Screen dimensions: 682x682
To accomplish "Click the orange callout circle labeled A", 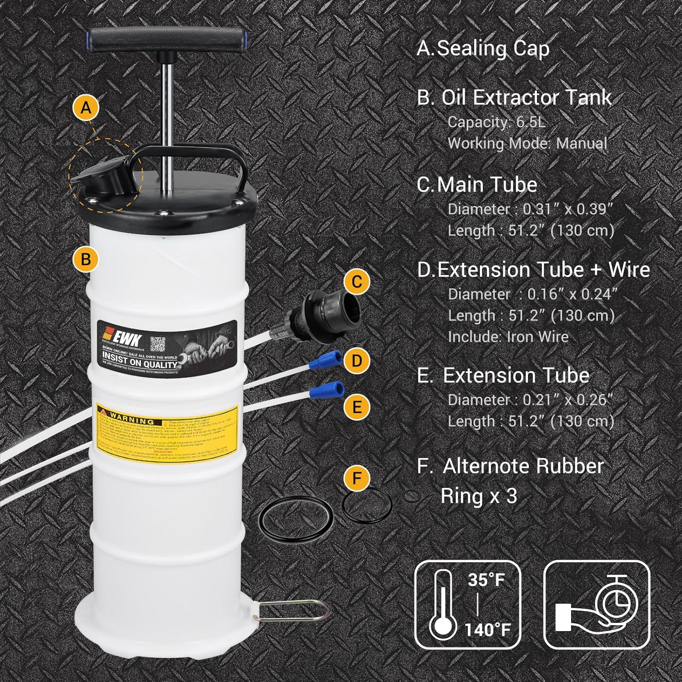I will (86, 108).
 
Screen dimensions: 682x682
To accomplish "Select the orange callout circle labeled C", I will (357, 281).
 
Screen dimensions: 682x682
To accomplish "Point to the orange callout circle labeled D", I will (357, 361).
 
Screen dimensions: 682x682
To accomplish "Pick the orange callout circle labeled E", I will (357, 406).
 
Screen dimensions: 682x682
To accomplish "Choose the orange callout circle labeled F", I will (357, 478).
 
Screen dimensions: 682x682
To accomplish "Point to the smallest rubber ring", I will (412, 497).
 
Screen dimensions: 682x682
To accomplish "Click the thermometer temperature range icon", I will (468, 604).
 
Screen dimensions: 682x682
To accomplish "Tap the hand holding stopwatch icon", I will (597, 604).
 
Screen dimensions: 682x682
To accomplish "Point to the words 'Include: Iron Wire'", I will (508, 336).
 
